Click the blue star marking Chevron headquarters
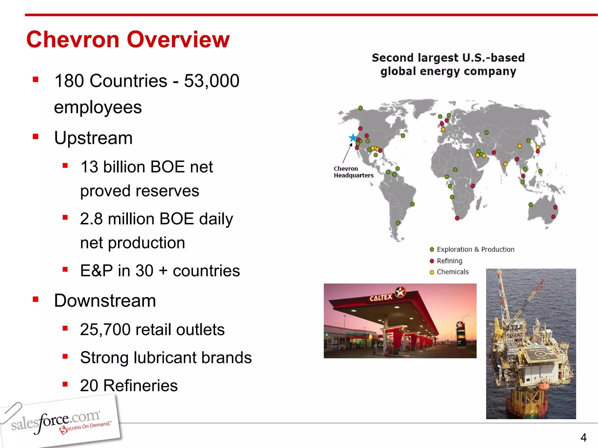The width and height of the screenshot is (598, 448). click(353, 137)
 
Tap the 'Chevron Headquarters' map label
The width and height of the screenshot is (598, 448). click(353, 172)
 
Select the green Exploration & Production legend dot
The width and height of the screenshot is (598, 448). click(432, 249)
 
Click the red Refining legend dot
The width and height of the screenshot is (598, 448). click(432, 261)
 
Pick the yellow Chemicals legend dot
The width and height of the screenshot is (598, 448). click(432, 272)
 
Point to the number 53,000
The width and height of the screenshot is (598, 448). click(211, 81)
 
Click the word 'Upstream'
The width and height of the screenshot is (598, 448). click(93, 138)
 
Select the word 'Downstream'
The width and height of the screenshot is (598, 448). click(105, 300)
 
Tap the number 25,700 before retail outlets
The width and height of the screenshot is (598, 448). click(105, 330)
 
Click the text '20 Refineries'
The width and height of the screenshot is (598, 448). click(129, 385)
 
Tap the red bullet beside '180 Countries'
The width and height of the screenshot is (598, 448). click(36, 80)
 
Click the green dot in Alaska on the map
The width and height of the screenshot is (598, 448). click(361, 108)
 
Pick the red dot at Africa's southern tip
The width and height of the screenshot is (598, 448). click(457, 218)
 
